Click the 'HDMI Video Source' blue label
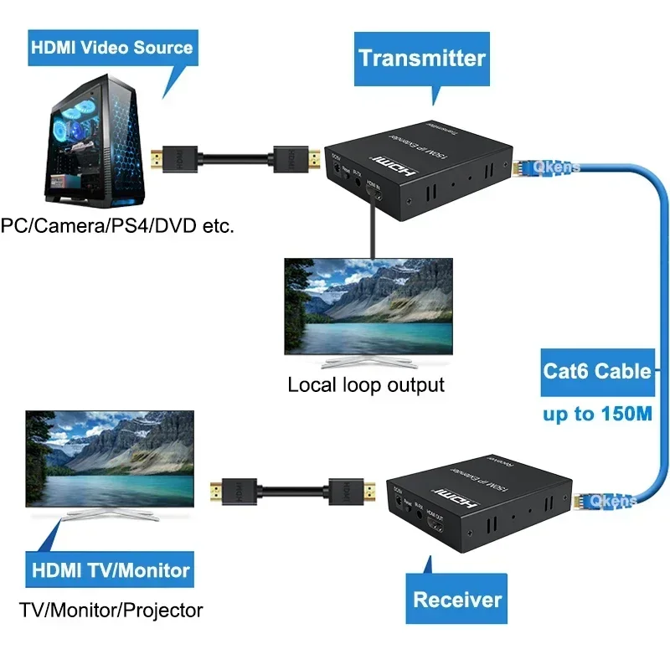tap(112, 47)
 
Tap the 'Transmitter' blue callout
tap(421, 58)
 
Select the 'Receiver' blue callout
tap(457, 599)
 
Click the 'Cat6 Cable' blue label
tap(596, 370)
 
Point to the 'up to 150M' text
tap(598, 414)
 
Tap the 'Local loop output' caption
tap(366, 385)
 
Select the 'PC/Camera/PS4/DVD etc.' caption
tap(116, 225)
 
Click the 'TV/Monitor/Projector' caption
tap(111, 610)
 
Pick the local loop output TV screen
tap(368, 306)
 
